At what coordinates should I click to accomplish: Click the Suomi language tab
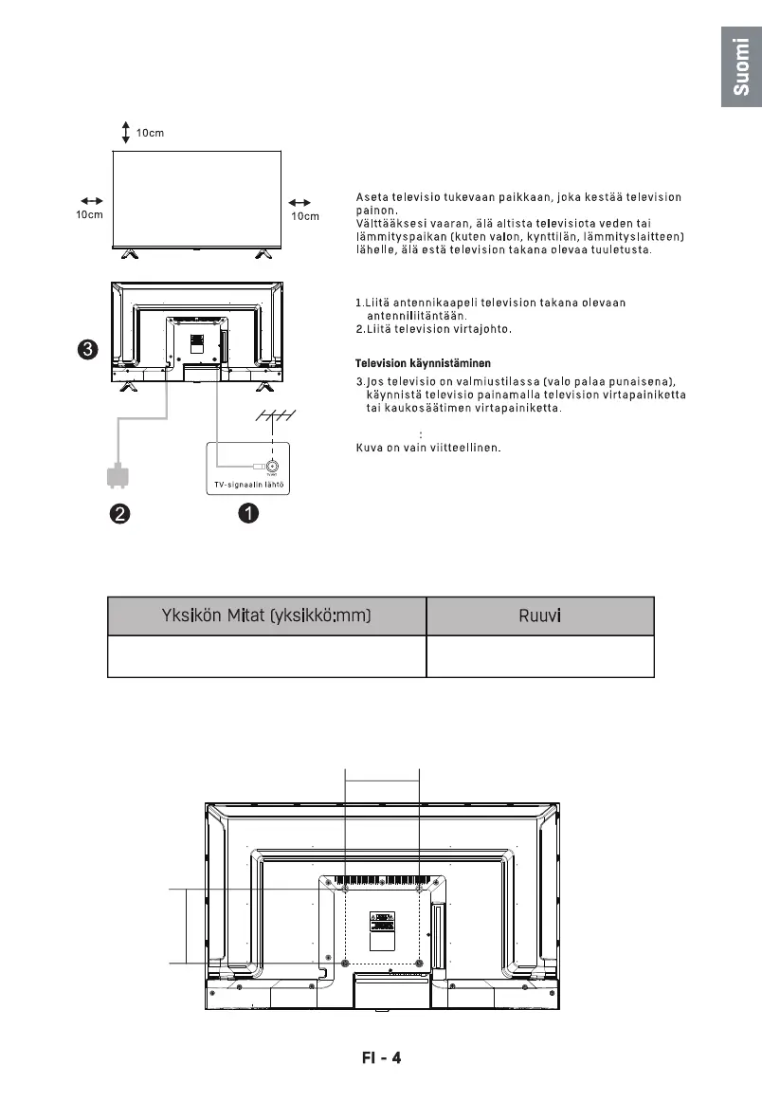[741, 67]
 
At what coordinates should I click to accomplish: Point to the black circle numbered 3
[86, 350]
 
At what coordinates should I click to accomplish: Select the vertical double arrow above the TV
[126, 133]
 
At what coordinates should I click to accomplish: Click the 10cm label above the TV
[150, 133]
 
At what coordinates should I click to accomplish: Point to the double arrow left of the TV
[91, 201]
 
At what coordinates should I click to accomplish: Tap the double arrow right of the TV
[300, 202]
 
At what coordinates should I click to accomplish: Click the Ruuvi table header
[540, 616]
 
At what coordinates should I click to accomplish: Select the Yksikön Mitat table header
[266, 616]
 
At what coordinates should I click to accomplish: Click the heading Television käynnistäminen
[423, 363]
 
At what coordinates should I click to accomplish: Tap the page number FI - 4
[381, 1056]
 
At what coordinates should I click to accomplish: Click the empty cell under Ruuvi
[540, 656]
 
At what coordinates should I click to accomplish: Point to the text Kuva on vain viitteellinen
[427, 448]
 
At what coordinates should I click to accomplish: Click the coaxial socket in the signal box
[272, 466]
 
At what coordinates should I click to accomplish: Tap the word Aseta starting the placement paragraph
[372, 197]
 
